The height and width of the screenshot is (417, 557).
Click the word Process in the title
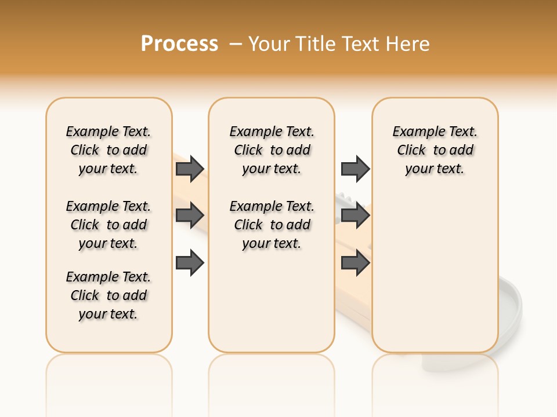179,43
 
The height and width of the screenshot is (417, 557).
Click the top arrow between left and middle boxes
190,169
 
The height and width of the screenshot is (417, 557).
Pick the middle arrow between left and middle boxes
190,215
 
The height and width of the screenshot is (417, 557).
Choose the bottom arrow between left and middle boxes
190,263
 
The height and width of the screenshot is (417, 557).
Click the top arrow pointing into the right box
355,169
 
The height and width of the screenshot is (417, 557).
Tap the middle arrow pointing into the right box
355,215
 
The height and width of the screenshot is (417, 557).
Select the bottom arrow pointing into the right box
355,263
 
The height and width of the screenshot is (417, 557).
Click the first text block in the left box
108,150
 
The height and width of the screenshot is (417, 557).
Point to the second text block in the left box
108,225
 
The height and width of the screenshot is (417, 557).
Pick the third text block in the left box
108,295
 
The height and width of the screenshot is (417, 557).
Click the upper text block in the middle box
272,150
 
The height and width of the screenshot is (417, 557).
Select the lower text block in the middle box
272,225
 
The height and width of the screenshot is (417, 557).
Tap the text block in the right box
435,150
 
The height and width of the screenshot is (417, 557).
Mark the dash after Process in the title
235,43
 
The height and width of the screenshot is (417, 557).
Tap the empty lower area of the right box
435,272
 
